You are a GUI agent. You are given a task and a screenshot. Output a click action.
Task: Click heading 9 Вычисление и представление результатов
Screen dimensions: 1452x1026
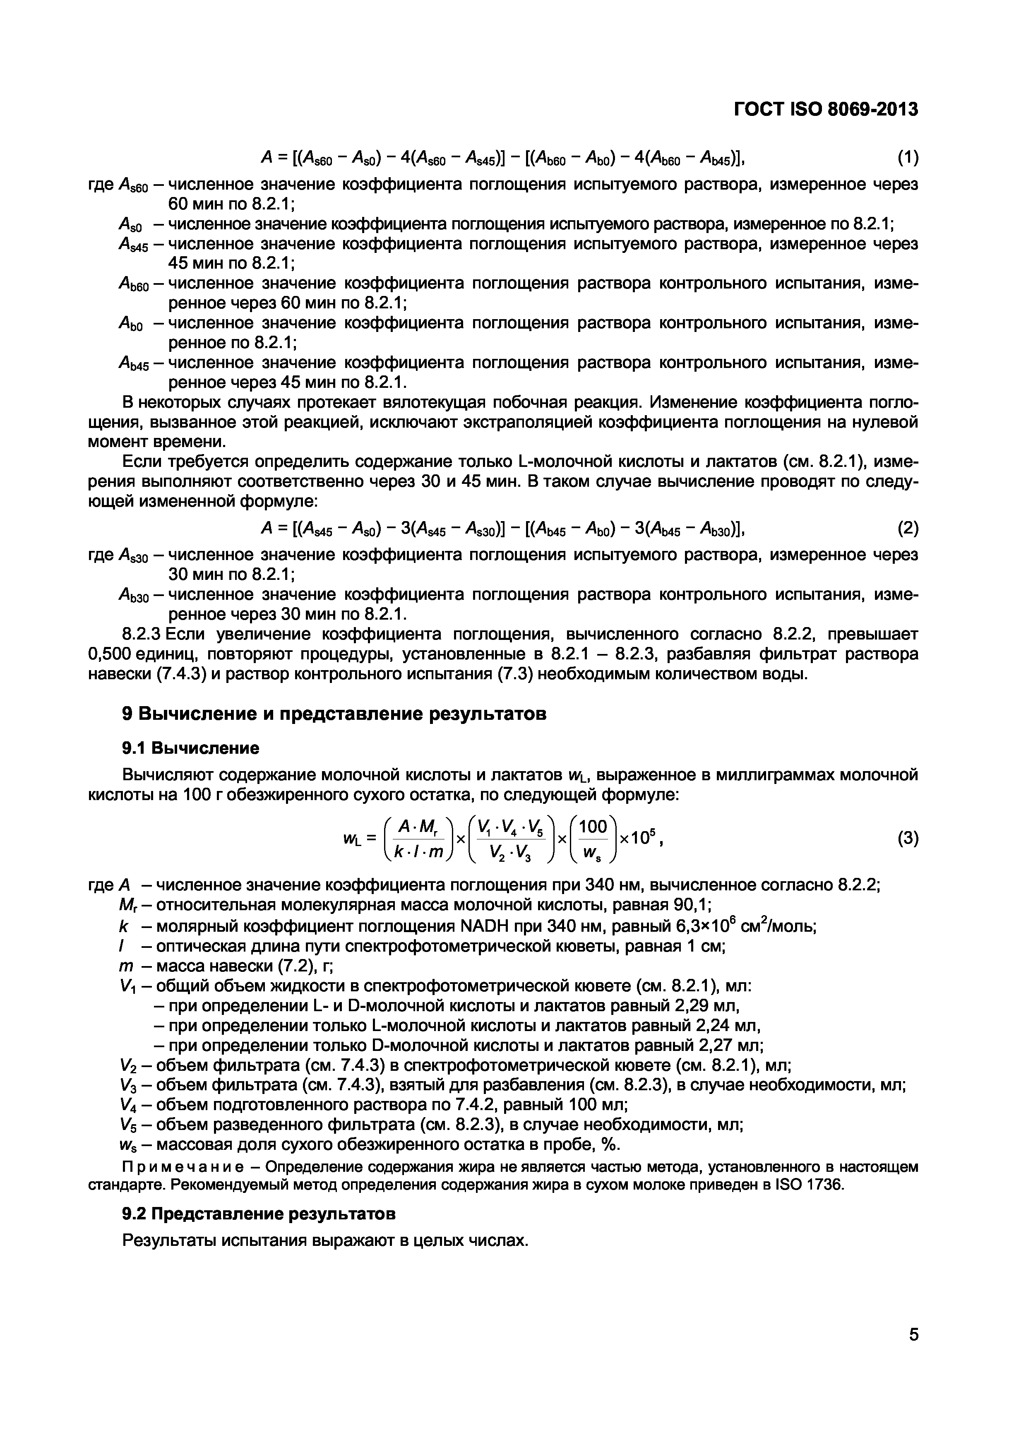pyautogui.click(x=334, y=714)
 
